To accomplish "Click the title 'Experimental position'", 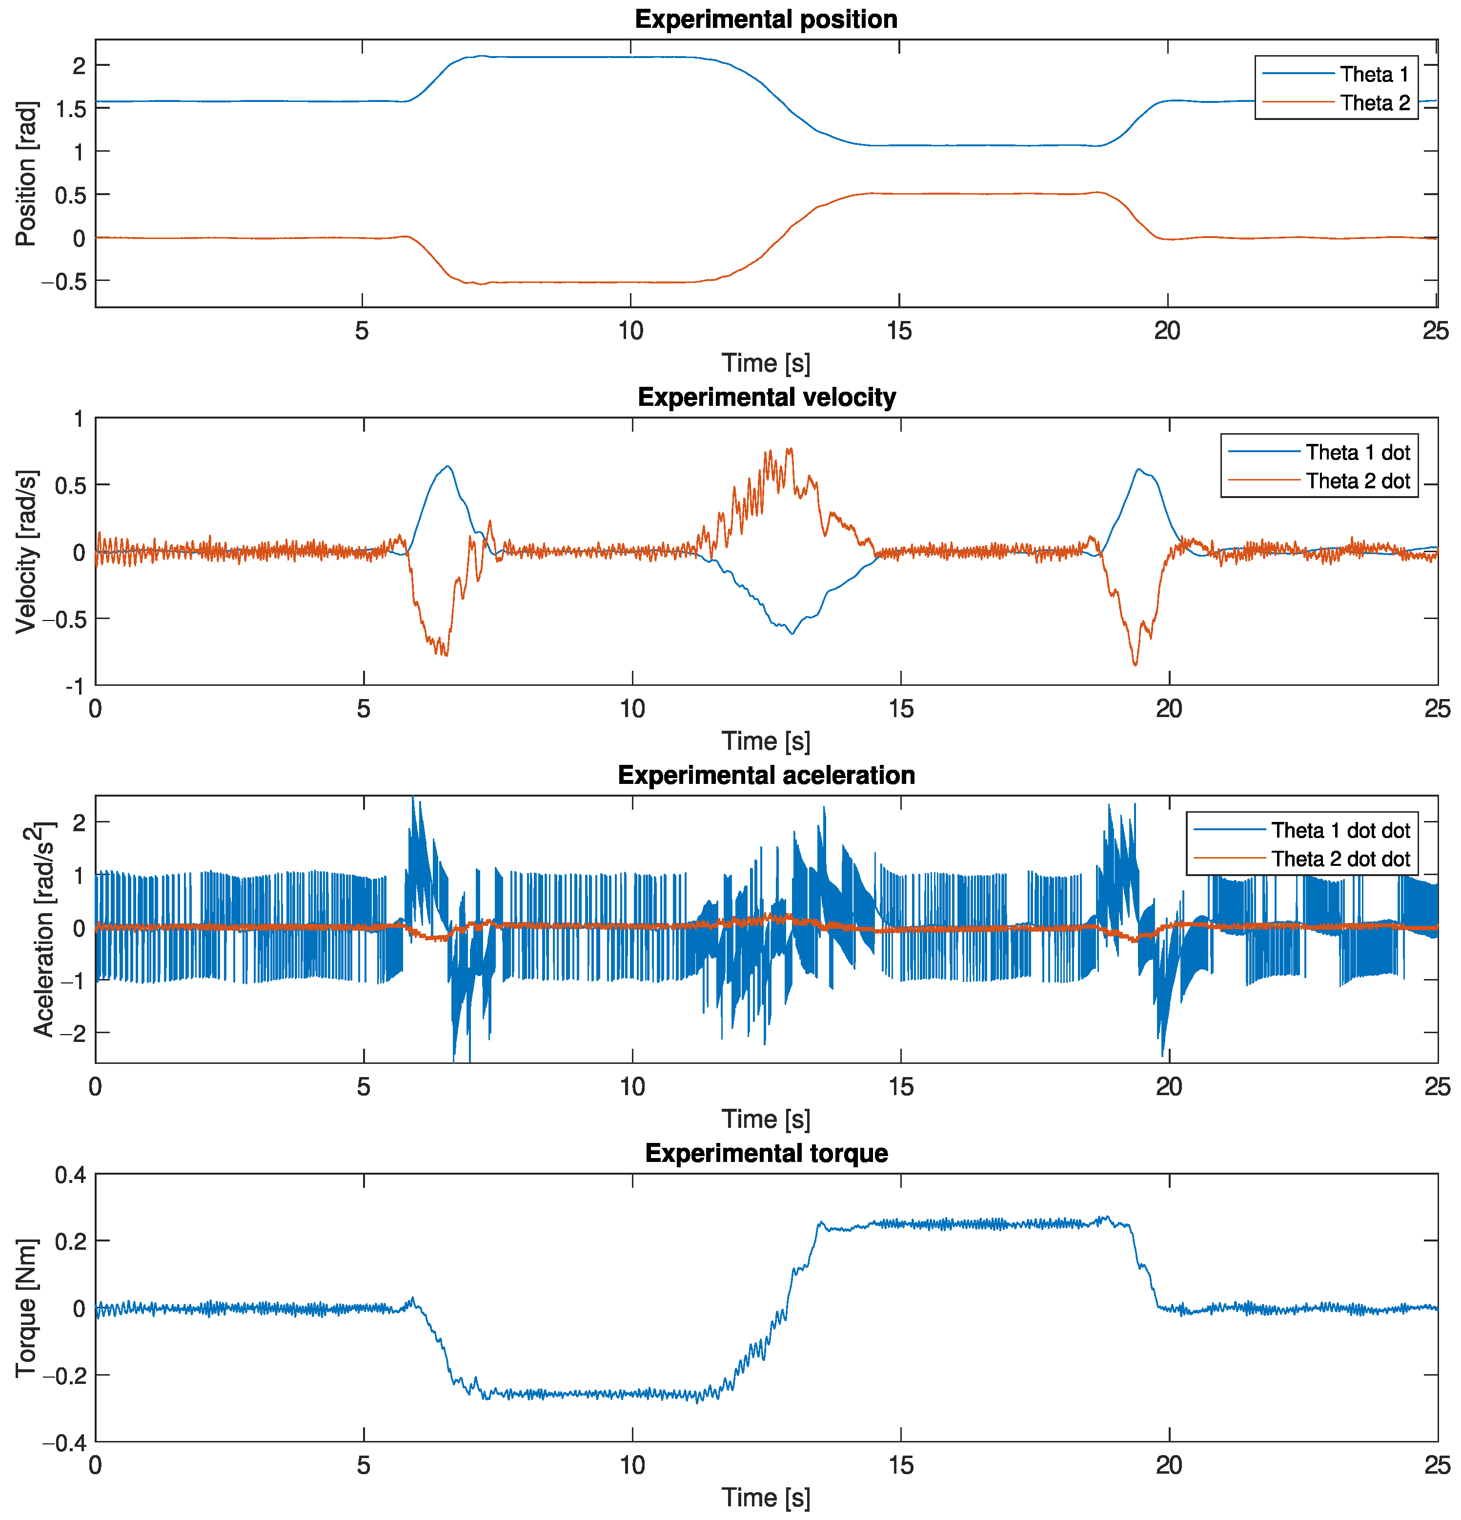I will pyautogui.click(x=766, y=20).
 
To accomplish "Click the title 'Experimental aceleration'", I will pyautogui.click(x=766, y=775).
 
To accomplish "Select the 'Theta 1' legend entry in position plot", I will pyautogui.click(x=1373, y=75).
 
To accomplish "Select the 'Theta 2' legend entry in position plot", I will pyautogui.click(x=1373, y=103).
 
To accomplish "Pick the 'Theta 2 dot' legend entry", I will pyautogui.click(x=1357, y=481).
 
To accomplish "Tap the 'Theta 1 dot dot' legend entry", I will pyautogui.click(x=1340, y=831).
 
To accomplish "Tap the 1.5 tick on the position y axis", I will pyautogui.click(x=70, y=109).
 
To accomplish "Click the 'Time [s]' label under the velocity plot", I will pyautogui.click(x=766, y=740).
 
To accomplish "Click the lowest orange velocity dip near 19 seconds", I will pyautogui.click(x=1135, y=664).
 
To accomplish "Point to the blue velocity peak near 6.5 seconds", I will pyautogui.click(x=447, y=466).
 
